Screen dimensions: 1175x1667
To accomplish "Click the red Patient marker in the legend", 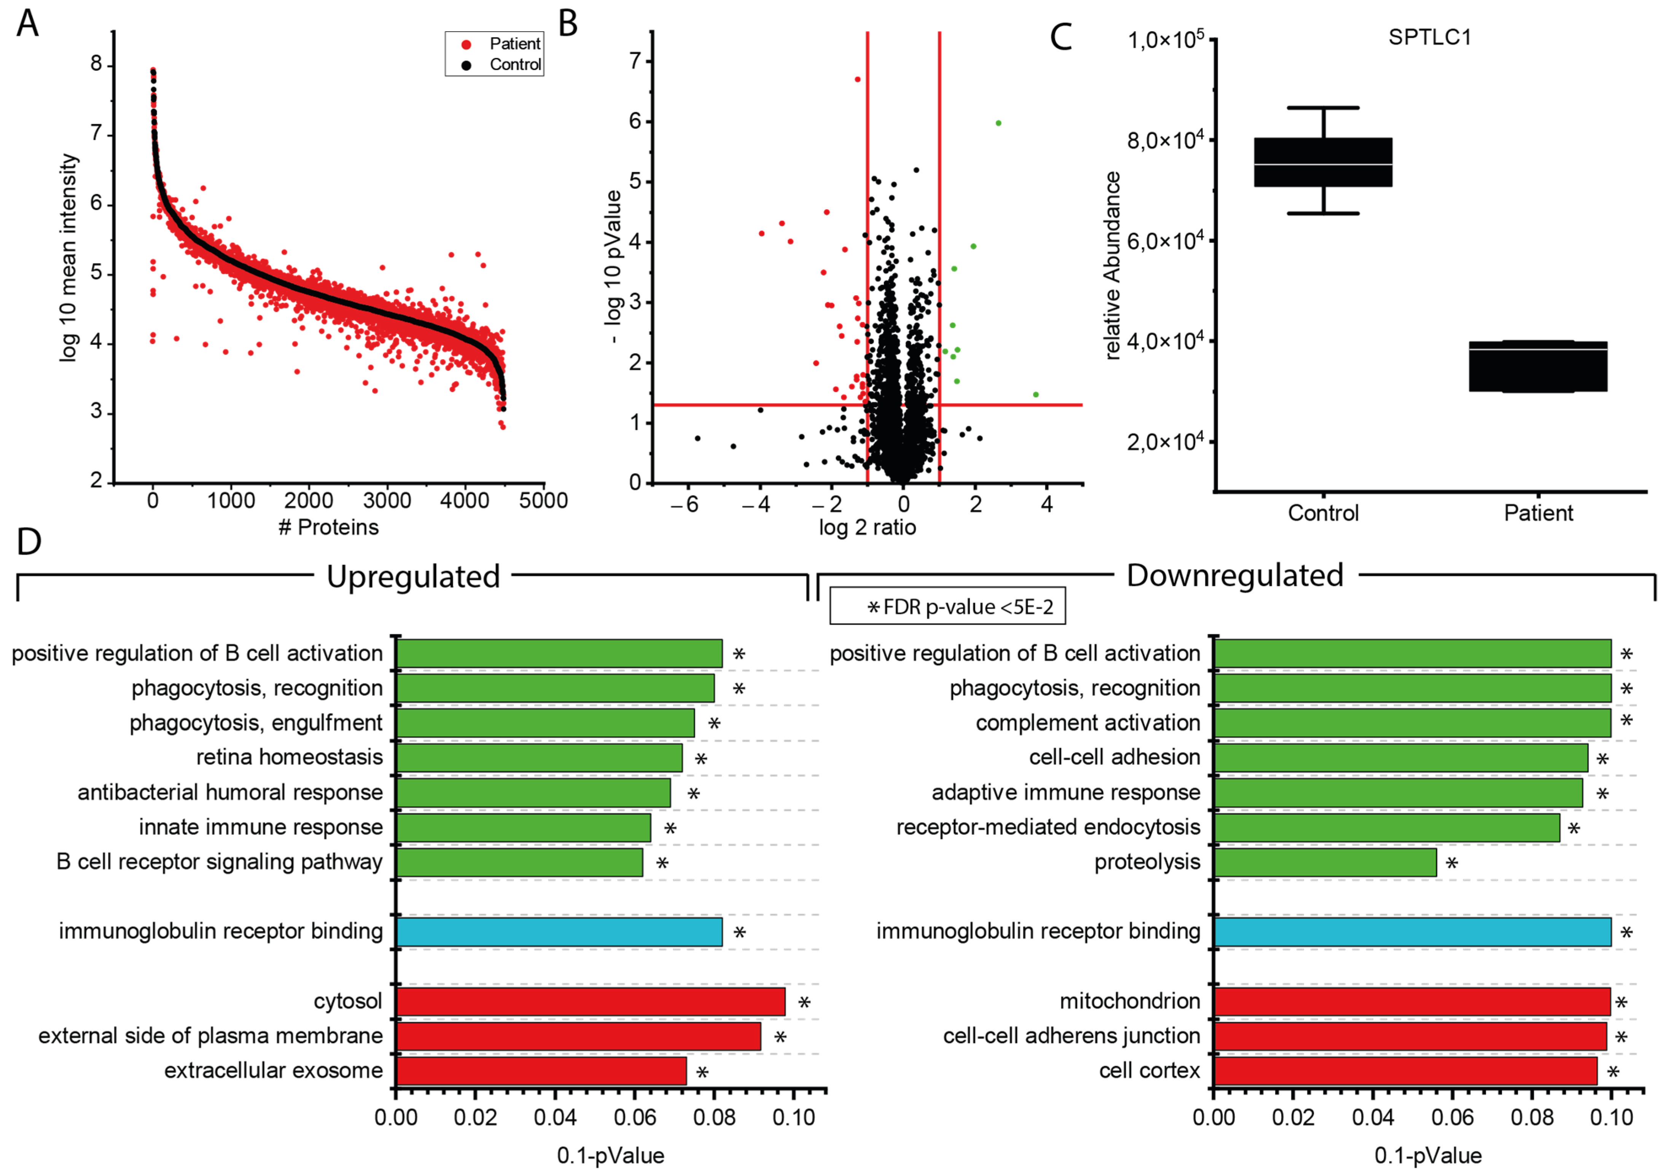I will coord(466,44).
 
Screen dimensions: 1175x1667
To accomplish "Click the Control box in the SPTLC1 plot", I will coord(1323,162).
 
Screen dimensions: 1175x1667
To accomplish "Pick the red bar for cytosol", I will coord(590,1001).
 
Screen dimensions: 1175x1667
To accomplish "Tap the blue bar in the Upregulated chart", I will coord(559,932).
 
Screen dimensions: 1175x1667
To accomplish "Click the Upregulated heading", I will coord(413,576).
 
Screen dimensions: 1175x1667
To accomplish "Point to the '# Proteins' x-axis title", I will coord(328,527).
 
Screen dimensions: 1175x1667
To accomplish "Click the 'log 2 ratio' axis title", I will coord(867,527).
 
